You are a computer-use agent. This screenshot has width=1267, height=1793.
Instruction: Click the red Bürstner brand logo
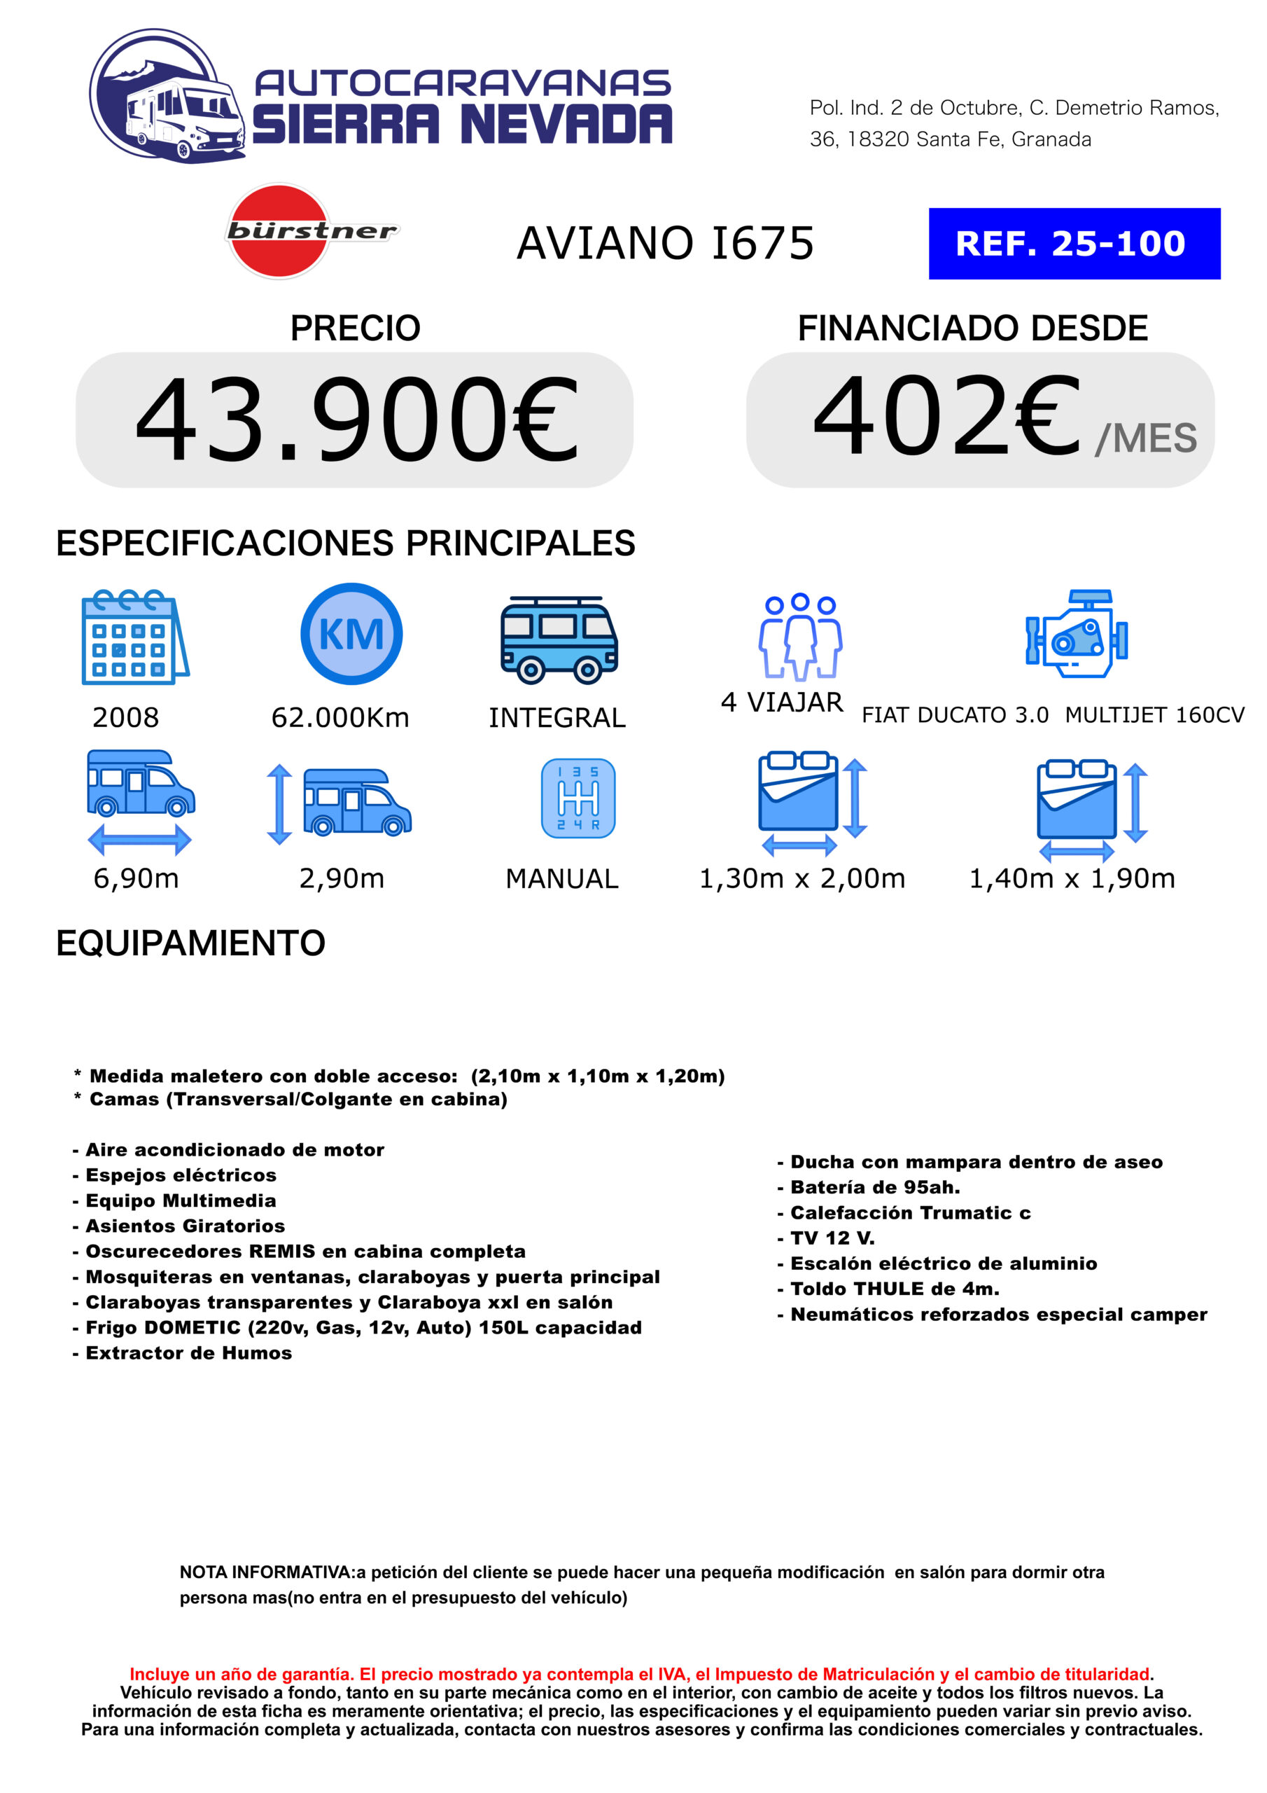coord(278,231)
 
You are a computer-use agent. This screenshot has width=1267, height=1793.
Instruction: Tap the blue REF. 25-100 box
coord(1074,244)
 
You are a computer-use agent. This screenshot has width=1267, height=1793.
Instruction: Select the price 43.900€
coord(356,420)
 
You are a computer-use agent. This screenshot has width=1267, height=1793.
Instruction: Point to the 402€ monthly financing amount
coord(946,415)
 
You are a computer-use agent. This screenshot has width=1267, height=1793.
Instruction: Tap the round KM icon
coord(351,633)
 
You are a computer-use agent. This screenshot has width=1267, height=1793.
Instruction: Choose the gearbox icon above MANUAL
coord(577,798)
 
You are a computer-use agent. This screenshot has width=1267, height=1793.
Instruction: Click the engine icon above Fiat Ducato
coord(1077,633)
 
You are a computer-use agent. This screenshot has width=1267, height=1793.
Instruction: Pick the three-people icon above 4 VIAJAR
coord(800,636)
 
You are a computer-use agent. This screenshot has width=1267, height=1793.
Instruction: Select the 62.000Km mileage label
coord(340,718)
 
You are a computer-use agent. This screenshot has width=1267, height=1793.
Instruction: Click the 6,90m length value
coord(136,878)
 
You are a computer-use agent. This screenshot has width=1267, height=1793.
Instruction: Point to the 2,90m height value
coord(342,878)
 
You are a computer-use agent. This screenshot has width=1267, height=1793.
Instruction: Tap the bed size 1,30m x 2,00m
coord(801,878)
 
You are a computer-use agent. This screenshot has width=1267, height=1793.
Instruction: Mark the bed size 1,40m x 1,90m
coord(1072,878)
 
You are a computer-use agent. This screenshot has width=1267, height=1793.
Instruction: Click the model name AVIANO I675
coord(665,243)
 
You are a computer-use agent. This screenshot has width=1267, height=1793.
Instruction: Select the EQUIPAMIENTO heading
coord(190,943)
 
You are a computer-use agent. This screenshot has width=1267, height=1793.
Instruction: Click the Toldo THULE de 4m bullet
coord(894,1289)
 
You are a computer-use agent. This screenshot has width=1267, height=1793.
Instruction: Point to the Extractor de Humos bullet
coord(188,1353)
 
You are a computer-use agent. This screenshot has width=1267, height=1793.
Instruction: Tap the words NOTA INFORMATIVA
coord(266,1572)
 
